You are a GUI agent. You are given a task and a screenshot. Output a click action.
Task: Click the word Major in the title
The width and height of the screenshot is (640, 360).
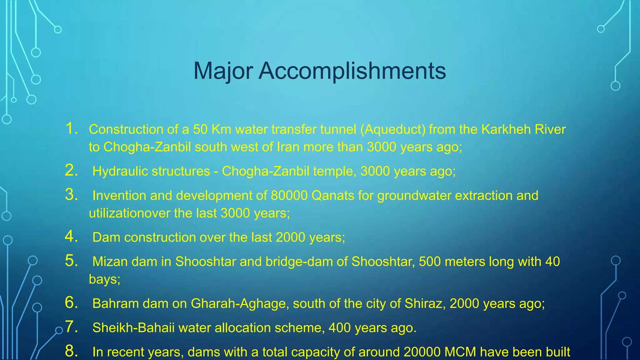(223, 71)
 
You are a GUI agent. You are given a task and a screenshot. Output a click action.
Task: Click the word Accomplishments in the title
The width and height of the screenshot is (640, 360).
(352, 71)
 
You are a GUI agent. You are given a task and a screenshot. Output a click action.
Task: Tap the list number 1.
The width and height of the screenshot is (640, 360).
(72, 129)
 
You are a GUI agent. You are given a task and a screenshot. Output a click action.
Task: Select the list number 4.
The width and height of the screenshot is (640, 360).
(72, 237)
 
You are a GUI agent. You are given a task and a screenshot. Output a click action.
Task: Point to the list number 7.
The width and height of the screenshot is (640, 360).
(72, 327)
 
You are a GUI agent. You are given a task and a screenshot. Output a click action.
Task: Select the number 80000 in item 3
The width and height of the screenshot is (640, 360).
(289, 196)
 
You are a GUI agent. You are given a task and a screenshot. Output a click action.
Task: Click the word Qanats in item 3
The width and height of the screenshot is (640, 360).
(333, 196)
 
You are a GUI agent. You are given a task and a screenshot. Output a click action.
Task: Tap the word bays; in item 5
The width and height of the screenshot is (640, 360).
(104, 279)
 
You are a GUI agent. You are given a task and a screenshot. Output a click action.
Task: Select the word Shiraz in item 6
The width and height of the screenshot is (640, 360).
(425, 303)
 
